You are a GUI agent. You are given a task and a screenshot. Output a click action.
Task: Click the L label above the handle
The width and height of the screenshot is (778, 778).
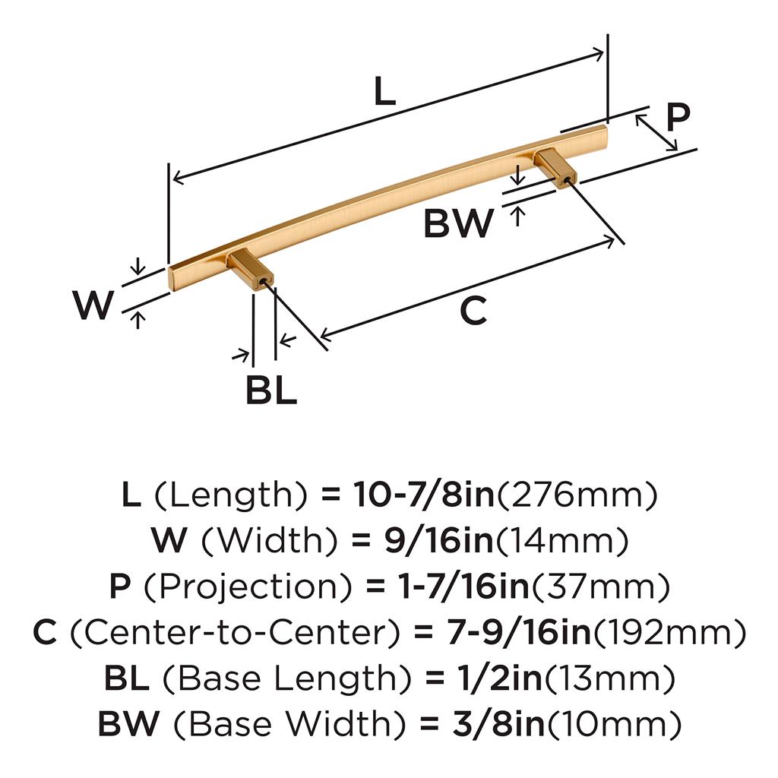click(x=385, y=93)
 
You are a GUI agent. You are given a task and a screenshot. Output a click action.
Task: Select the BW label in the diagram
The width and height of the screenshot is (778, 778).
click(x=458, y=224)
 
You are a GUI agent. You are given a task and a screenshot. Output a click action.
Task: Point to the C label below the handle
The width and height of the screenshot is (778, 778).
click(x=473, y=312)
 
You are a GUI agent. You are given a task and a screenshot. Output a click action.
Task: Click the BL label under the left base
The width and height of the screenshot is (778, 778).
click(x=270, y=391)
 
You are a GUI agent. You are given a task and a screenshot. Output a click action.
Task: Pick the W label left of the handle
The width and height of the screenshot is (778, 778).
click(x=94, y=305)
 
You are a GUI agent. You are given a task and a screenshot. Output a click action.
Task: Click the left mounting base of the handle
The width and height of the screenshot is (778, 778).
click(x=249, y=270)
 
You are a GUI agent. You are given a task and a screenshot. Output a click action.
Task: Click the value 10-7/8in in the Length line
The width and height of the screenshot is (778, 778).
click(x=424, y=496)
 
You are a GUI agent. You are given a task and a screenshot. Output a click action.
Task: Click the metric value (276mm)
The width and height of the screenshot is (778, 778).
click(x=576, y=496)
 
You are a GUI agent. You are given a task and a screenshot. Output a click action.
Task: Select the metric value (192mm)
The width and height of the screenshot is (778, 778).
click(x=666, y=633)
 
